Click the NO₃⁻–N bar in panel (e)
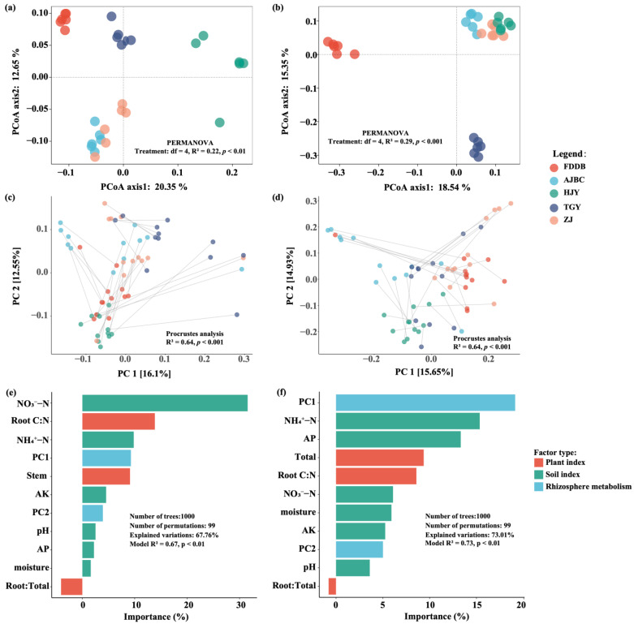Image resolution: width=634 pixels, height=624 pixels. coord(165,403)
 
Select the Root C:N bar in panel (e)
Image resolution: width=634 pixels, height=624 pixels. coord(119,421)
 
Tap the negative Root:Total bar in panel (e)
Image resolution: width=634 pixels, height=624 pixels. coord(71,587)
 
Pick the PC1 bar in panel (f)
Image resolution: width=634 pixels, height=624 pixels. coord(425,402)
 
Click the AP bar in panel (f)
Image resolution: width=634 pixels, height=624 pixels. coord(399,439)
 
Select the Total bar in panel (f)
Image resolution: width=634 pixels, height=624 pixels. coord(380,458)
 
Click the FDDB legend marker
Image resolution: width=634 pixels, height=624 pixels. coord(554,167)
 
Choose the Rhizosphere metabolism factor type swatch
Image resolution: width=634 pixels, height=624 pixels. coord(538,487)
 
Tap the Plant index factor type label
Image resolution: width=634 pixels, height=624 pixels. coord(565,463)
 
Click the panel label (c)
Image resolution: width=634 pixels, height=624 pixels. coord(11,197)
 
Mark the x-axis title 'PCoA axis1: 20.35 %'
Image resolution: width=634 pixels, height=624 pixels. coord(144,187)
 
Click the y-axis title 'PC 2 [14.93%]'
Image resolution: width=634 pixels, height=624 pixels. coord(290,276)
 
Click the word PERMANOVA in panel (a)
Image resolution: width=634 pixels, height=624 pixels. coord(190,143)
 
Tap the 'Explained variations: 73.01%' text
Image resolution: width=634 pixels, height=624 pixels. coord(469,535)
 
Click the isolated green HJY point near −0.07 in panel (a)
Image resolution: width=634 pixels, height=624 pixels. coord(219,123)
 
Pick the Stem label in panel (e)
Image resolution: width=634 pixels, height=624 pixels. coord(37,476)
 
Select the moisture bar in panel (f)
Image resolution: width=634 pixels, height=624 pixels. coord(364,513)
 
